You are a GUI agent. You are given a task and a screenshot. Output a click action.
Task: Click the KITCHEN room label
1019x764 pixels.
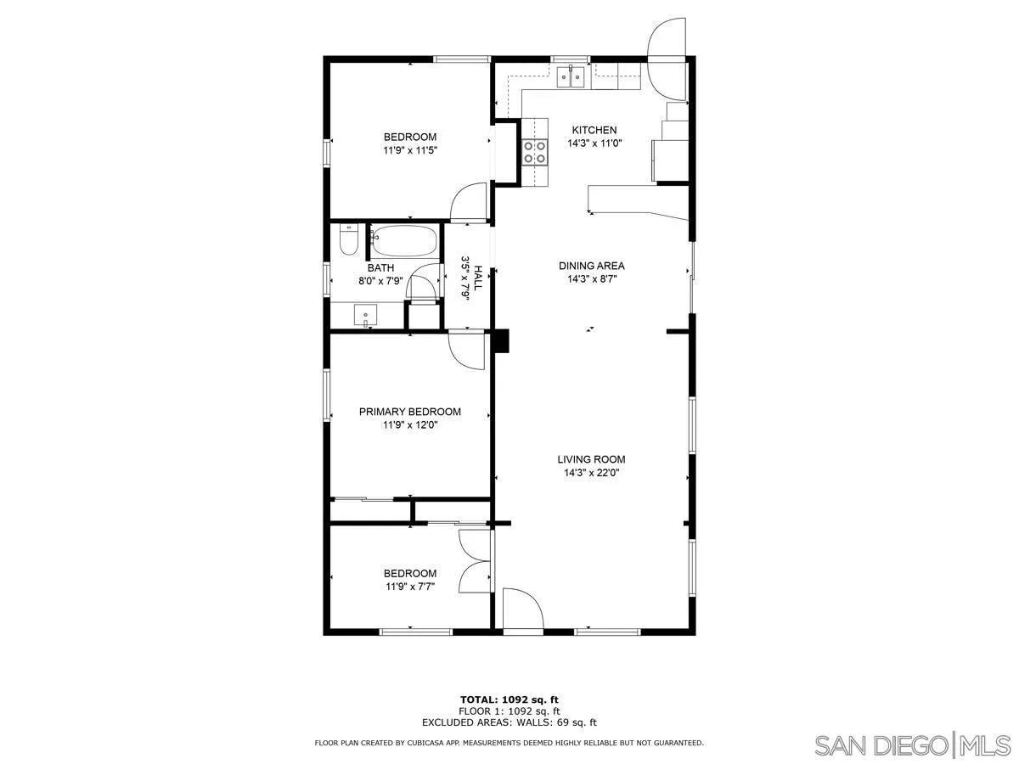594,130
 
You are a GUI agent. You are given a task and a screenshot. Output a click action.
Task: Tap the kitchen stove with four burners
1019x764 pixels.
535,151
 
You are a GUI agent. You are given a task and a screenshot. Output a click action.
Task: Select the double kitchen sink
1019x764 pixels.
571,77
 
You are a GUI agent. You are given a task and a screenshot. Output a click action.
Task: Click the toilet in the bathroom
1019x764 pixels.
347,239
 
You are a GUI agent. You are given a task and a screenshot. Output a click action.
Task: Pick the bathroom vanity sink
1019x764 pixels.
367,314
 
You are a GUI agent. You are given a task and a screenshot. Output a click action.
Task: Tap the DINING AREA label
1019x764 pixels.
591,266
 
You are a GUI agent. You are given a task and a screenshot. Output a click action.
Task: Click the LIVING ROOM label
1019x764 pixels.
591,459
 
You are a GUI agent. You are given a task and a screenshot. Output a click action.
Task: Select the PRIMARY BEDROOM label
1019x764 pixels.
410,412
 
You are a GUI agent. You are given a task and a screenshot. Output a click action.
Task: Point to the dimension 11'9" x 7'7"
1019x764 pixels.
410,587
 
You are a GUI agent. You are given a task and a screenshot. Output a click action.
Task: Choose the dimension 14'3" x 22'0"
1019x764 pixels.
591,473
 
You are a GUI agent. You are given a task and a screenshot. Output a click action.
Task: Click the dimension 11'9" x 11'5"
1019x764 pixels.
410,150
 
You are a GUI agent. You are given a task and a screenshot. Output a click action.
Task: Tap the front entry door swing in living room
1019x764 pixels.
521,611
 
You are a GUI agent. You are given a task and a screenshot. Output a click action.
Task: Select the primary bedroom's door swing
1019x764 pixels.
466,349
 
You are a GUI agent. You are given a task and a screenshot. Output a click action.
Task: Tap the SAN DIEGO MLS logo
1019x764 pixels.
912,745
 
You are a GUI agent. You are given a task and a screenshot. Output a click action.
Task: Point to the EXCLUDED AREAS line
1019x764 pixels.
509,722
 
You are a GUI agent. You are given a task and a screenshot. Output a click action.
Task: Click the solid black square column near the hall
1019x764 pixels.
501,340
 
